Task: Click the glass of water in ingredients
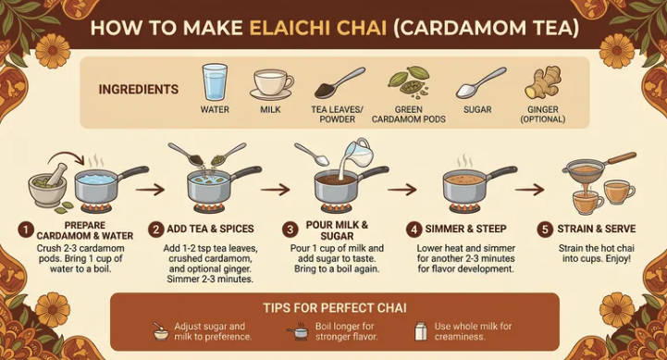(x=215, y=82)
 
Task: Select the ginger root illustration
(x=543, y=82)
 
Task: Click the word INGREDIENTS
(x=139, y=90)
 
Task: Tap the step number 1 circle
(x=26, y=230)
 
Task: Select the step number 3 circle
(x=290, y=230)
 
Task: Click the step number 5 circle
(x=545, y=230)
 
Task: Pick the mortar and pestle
(x=48, y=184)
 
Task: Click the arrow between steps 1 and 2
(x=150, y=190)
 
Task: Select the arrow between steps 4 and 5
(x=529, y=190)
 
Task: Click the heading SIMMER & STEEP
(x=466, y=229)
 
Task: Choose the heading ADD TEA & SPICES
(x=210, y=229)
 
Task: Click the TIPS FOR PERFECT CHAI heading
(x=335, y=307)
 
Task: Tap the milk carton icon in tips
(x=421, y=331)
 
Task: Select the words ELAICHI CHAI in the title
(x=317, y=28)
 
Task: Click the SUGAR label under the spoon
(x=477, y=109)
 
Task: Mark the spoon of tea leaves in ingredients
(x=339, y=82)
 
